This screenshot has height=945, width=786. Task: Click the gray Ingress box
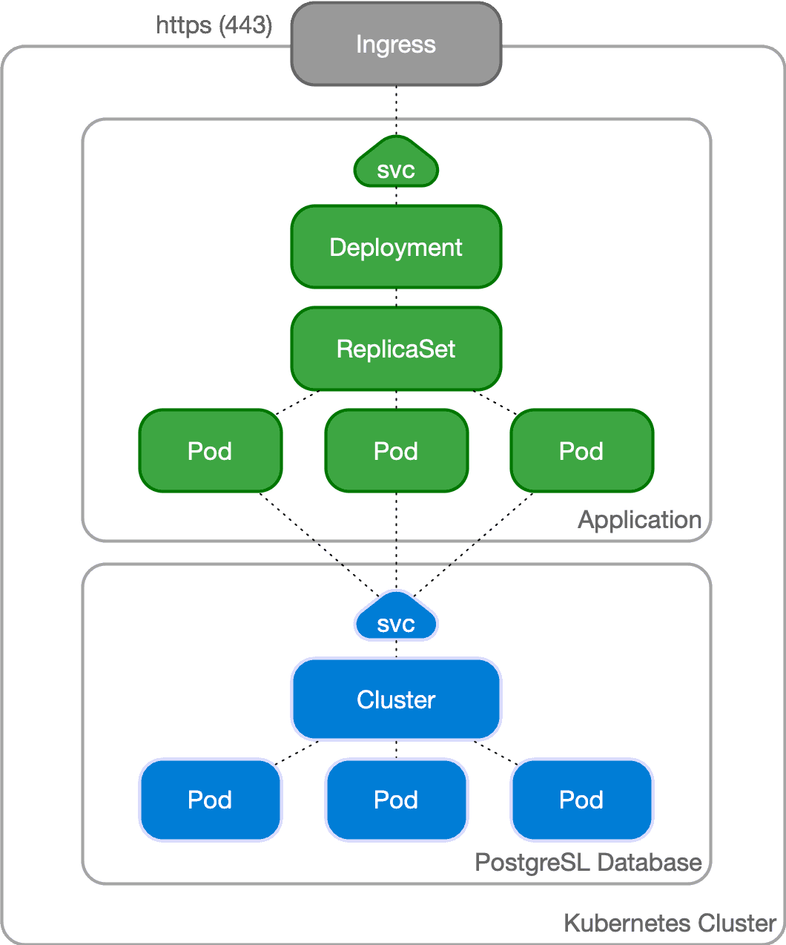pos(396,45)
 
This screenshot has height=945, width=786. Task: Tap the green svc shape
pos(396,166)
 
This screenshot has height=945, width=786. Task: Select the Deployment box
pos(396,247)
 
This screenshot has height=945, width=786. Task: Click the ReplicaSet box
pos(396,349)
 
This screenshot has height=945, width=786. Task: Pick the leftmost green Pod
pos(211,451)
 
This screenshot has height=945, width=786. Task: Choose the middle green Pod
pos(396,451)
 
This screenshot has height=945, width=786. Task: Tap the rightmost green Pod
pos(581,451)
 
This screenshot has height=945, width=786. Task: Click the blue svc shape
pos(396,620)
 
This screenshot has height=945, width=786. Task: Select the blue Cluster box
pos(396,699)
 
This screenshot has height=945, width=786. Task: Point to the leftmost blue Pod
pos(211,800)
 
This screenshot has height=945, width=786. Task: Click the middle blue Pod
pos(396,800)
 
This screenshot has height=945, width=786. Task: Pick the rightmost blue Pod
pos(581,800)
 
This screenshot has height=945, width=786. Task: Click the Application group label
pos(639,520)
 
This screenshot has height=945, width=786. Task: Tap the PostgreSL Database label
pos(588,863)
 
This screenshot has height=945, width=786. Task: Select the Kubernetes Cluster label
pos(670,923)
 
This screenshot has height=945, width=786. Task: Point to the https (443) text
pos(214,24)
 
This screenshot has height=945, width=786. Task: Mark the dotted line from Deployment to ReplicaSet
pos(396,297)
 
